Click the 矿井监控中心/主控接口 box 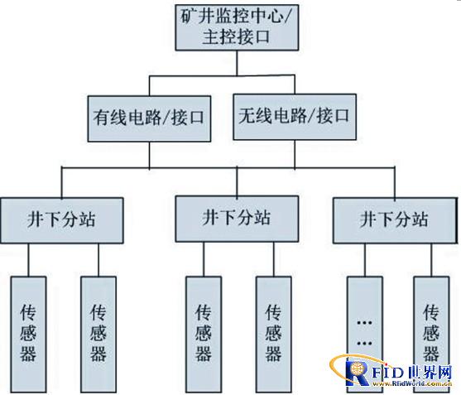tap(237, 27)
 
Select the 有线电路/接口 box tap(149, 118)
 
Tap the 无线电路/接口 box tap(295, 117)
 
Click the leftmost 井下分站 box tap(62, 220)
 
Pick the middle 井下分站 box tap(237, 219)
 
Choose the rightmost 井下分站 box tap(395, 220)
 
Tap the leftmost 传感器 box tap(28, 335)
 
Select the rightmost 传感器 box tap(431, 335)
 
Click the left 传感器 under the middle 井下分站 tap(204, 335)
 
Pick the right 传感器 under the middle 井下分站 tap(273, 335)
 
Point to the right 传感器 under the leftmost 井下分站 tap(98, 335)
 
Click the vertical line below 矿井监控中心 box tap(237, 63)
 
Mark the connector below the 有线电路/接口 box tap(149, 156)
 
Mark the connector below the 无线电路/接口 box tap(295, 154)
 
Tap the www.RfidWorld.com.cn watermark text tap(411, 383)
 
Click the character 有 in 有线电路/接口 tap(102, 118)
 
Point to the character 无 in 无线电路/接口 tap(247, 116)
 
